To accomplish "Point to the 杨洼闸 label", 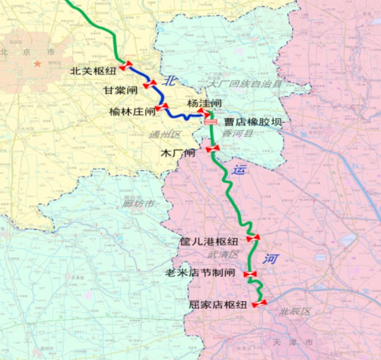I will (204, 103).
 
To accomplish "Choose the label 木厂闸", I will (178, 152).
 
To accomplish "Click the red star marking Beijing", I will (38, 63).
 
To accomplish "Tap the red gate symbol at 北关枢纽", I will (127, 65).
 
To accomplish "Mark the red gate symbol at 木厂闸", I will (213, 149).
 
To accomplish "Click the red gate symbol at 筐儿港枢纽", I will (253, 238).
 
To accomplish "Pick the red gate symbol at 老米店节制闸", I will (250, 274).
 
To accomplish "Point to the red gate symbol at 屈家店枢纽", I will (259, 303).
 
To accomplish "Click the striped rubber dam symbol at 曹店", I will (211, 122).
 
